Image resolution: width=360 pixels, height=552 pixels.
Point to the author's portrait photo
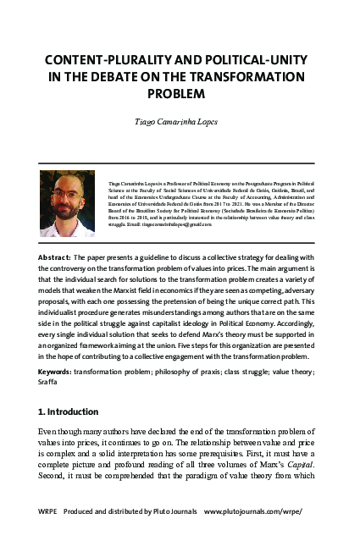tap(67, 202)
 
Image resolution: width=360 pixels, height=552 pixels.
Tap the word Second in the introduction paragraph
tap(54, 476)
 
